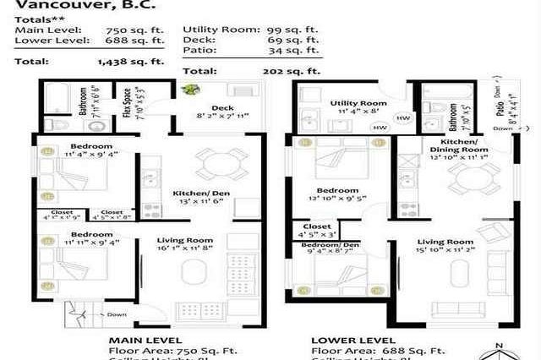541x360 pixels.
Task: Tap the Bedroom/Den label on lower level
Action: click(x=325, y=245)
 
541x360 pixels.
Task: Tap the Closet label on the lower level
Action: click(x=317, y=226)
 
